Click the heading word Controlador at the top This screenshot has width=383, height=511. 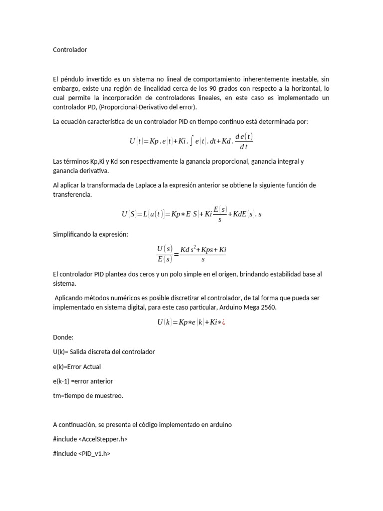point(70,50)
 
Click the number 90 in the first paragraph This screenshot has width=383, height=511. point(221,89)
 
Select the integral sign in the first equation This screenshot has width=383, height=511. point(191,141)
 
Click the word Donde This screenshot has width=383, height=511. point(63,337)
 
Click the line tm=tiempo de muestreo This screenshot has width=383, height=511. point(88,396)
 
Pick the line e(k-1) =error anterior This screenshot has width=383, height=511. point(83,381)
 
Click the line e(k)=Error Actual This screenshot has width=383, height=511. point(77,367)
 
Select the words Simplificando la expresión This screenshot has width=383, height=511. point(90,234)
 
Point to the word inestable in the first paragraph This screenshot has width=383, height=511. point(298,79)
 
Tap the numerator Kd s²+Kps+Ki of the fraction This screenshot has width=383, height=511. point(203,249)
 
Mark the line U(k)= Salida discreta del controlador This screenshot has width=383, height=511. point(104,352)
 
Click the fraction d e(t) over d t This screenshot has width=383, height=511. point(244,141)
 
